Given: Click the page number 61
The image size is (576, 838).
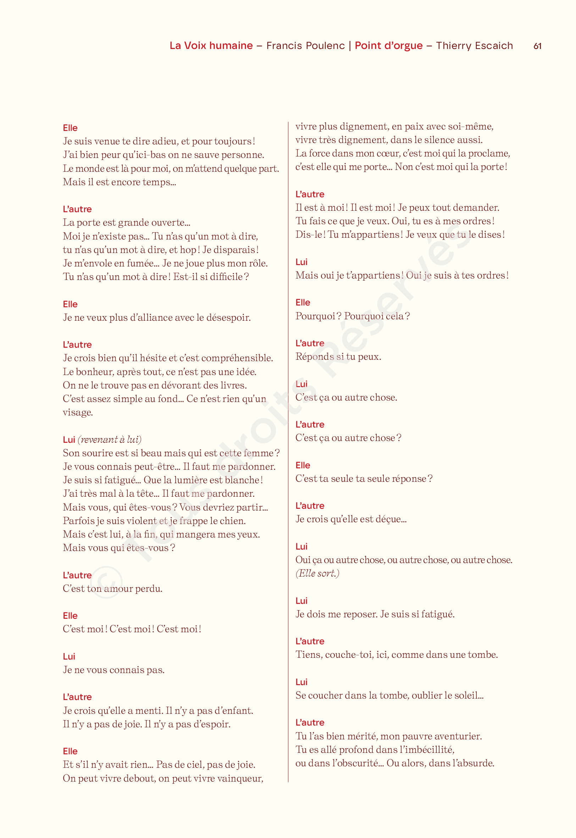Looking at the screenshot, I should point(537,46).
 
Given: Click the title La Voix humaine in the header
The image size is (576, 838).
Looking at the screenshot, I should point(211,46).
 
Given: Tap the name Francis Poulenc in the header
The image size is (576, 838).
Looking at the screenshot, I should point(305,46).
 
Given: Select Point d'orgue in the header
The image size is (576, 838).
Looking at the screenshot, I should point(388,46).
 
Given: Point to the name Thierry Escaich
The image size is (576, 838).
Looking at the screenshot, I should point(474,46).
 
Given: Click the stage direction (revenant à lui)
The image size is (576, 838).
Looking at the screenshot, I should point(110,440).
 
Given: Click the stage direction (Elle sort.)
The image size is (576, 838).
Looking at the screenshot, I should point(317,573).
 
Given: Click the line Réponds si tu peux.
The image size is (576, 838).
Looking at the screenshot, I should point(338,357).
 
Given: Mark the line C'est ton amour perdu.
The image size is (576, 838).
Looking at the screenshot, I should point(112,589).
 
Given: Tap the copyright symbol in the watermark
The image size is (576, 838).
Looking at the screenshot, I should point(106,582).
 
